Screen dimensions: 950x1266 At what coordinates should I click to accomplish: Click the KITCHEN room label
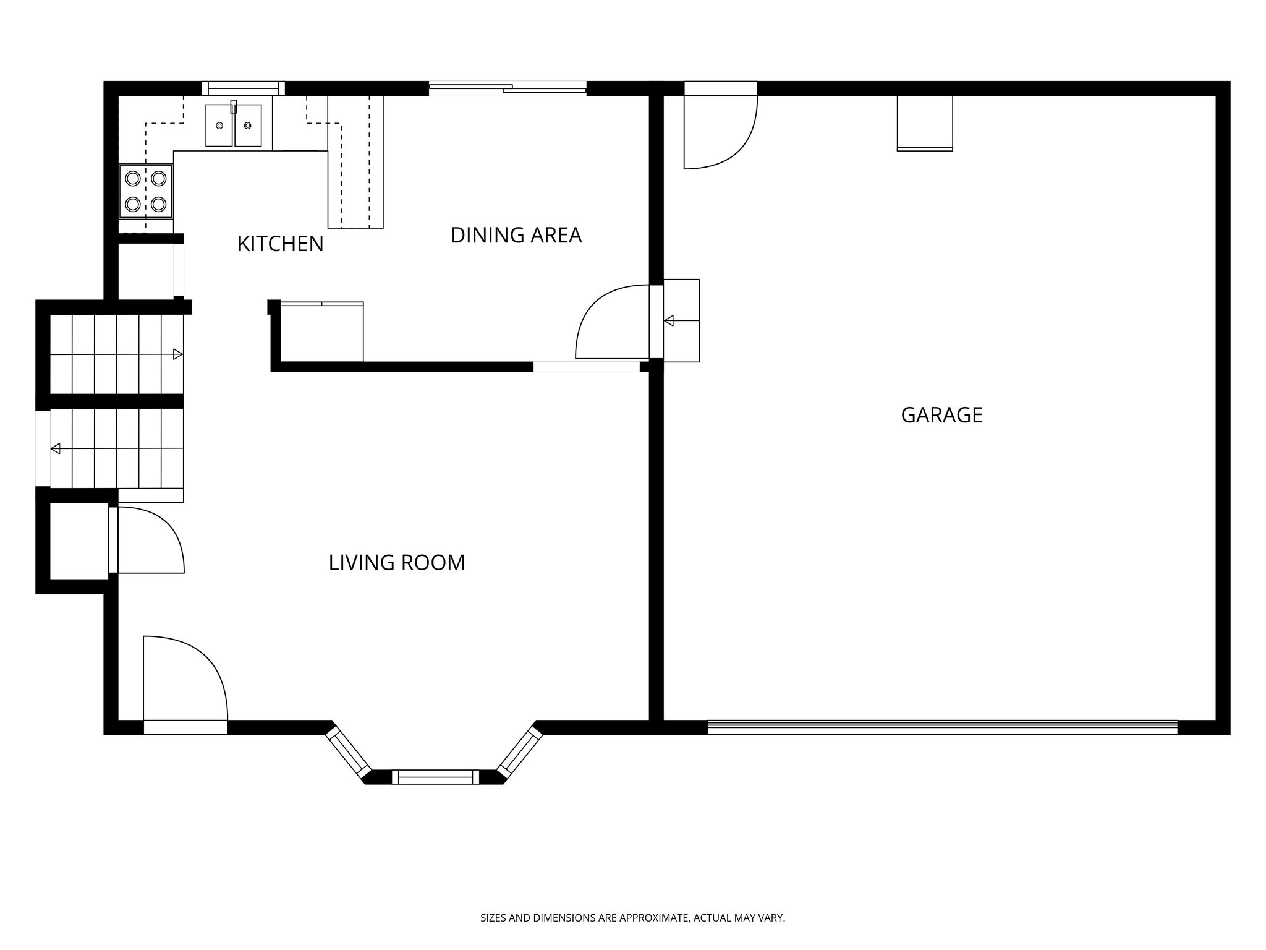point(280,244)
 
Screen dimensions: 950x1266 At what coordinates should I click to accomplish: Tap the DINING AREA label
point(516,236)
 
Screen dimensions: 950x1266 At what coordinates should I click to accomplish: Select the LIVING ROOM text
point(396,563)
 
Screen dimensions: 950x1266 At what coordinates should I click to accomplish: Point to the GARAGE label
point(941,415)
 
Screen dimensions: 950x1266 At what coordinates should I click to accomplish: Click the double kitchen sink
point(233,126)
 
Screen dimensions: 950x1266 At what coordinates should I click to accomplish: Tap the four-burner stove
point(146,191)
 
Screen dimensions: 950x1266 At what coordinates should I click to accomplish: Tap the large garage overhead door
point(942,727)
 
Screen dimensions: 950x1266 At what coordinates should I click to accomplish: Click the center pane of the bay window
point(435,777)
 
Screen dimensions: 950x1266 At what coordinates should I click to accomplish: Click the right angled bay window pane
point(520,751)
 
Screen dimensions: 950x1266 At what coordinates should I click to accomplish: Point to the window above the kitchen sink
point(244,88)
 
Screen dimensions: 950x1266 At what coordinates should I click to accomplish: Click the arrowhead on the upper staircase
point(177,354)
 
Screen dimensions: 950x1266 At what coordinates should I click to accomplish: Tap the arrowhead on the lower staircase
point(56,448)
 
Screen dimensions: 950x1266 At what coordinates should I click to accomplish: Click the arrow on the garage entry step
point(669,321)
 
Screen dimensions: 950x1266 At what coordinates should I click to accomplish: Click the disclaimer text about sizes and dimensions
point(632,918)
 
